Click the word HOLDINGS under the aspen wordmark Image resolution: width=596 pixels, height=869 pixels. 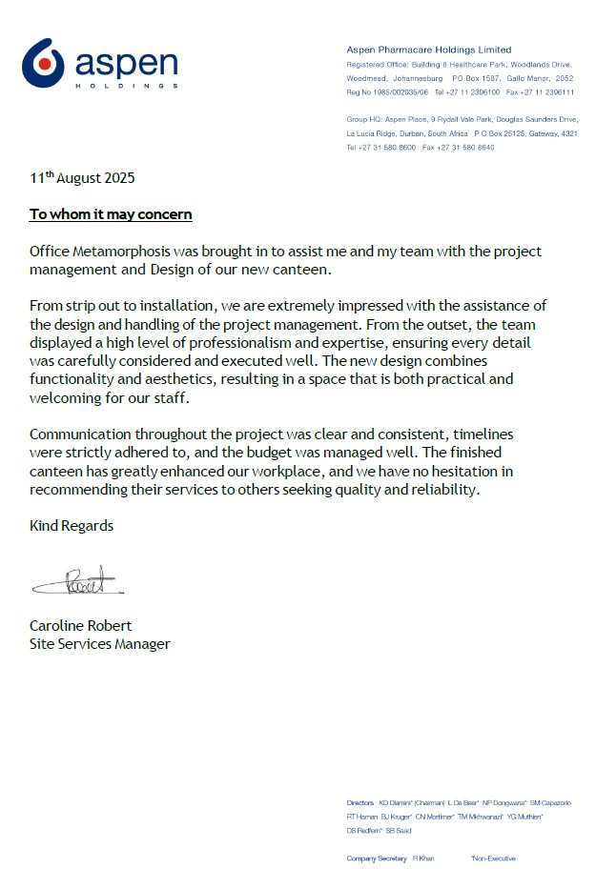point(126,86)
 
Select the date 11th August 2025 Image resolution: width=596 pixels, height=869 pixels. point(82,178)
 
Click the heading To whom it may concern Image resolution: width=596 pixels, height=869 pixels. point(111,214)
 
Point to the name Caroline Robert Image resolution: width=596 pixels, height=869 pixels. point(81,626)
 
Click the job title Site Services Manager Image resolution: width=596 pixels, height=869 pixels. point(100,644)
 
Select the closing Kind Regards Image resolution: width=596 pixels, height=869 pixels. point(72,525)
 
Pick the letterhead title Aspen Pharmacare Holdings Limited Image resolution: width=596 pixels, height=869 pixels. point(428,50)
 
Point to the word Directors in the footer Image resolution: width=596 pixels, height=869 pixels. point(360,803)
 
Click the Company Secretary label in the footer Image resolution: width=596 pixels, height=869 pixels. point(377,859)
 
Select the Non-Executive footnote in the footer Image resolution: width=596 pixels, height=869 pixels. point(493,859)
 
